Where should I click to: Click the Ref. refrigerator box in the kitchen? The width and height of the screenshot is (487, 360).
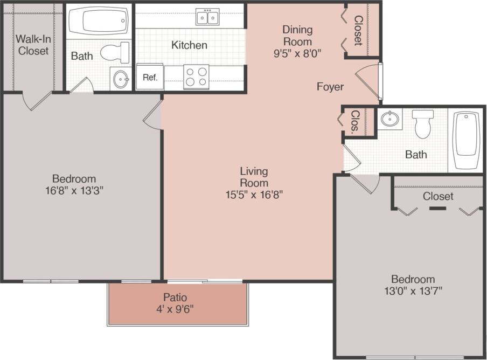pyautogui.click(x=150, y=77)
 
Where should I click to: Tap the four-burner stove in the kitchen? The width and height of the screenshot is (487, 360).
pyautogui.click(x=196, y=77)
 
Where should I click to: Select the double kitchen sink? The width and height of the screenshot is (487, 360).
pyautogui.click(x=207, y=17)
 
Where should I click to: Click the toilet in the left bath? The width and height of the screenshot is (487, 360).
pyautogui.click(x=115, y=52)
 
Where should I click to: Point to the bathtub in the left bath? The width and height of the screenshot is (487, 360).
pyautogui.click(x=98, y=22)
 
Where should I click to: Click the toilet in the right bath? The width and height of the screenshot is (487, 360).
pyautogui.click(x=423, y=124)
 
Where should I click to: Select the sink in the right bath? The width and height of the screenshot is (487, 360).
pyautogui.click(x=389, y=119)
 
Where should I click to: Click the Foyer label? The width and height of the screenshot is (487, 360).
pyautogui.click(x=330, y=86)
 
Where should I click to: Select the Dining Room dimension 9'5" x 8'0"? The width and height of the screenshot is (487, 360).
pyautogui.click(x=297, y=53)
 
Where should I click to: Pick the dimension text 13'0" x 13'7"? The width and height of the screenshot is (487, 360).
pyautogui.click(x=413, y=291)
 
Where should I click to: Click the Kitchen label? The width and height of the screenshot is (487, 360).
pyautogui.click(x=189, y=45)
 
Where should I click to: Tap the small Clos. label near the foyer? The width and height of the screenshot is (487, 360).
pyautogui.click(x=356, y=121)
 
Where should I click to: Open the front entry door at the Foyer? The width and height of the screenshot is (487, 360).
pyautogui.click(x=370, y=82)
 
